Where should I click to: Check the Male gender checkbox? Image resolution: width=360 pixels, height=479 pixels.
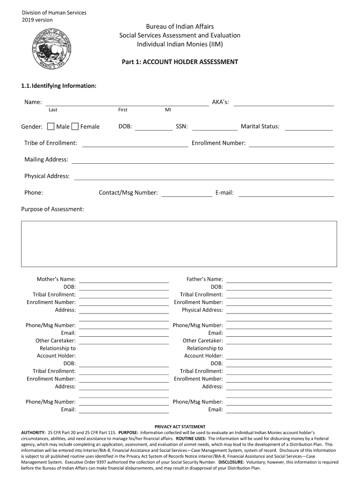51,126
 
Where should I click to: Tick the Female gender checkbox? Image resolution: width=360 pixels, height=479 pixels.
75,126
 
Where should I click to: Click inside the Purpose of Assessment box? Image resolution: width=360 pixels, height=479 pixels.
179,244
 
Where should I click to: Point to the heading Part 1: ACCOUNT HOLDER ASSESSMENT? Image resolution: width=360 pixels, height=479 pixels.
180,62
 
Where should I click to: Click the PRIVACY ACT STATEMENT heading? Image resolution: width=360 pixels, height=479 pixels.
180,427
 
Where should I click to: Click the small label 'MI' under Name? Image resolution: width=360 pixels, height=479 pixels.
168,110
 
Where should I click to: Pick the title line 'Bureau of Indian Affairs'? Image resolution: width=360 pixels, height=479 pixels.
180,27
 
